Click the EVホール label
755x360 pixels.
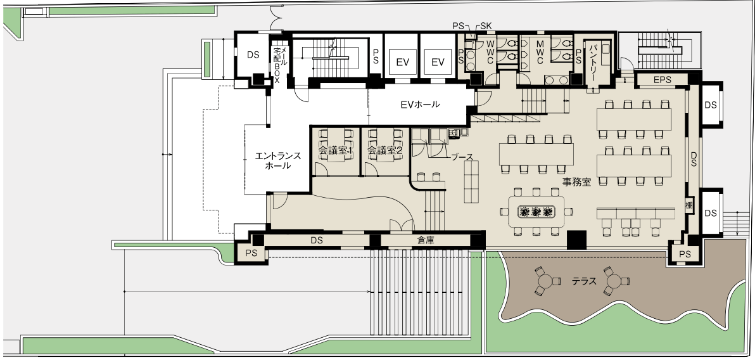[420, 104]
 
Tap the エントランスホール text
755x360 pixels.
[278, 160]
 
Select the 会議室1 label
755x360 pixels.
[336, 150]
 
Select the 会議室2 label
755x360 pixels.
[384, 150]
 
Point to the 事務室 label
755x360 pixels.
[576, 182]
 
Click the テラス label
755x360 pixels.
[584, 281]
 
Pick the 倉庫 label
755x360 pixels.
[426, 240]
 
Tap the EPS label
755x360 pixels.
[662, 80]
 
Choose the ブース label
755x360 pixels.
[462, 157]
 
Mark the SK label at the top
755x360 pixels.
[486, 26]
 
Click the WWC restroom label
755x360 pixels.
[490, 53]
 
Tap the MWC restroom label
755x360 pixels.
[540, 53]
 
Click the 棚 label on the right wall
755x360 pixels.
[689, 204]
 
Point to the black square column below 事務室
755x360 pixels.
[576, 240]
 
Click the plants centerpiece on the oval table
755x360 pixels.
[535, 211]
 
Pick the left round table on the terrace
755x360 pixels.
[545, 281]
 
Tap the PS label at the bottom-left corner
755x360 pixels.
[251, 253]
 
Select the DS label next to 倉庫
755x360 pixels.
[316, 240]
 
